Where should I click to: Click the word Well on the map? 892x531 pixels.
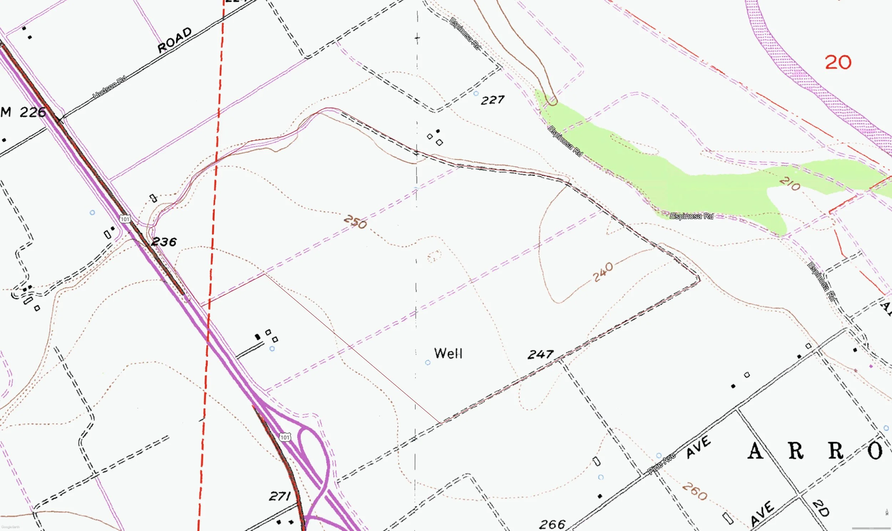tap(448, 354)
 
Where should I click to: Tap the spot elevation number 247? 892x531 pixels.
tap(541, 355)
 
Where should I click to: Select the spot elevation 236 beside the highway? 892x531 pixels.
tap(164, 242)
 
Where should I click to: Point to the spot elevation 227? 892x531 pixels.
tap(493, 100)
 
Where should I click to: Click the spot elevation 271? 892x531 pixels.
tap(280, 496)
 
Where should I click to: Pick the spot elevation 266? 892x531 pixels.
tap(552, 525)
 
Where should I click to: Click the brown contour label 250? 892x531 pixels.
tap(355, 222)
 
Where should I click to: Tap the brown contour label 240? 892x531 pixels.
tap(603, 272)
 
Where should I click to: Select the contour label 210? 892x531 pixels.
tap(790, 184)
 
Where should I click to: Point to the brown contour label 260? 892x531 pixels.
tap(695, 491)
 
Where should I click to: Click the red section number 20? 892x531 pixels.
tap(838, 63)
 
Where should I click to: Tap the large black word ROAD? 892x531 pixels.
tap(175, 40)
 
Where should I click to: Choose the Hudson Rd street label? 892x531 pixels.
tap(110, 87)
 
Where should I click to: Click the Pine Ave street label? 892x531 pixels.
tap(662, 464)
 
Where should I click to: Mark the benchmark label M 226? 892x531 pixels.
tap(23, 112)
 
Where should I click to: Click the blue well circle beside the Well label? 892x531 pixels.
tap(427, 362)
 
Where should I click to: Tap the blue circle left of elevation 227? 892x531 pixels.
tap(476, 94)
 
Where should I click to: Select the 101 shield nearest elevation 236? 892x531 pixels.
tap(125, 219)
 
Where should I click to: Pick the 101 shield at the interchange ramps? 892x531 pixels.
tap(285, 437)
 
